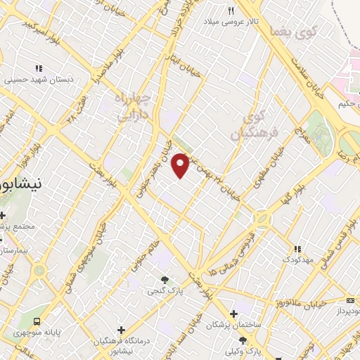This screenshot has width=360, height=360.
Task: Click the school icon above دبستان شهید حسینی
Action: click(39, 69)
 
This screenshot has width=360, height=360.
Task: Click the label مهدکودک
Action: click(298, 260)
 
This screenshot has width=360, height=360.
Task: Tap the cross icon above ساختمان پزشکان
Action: click(236, 314)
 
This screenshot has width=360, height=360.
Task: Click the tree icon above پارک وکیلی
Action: click(242, 340)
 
